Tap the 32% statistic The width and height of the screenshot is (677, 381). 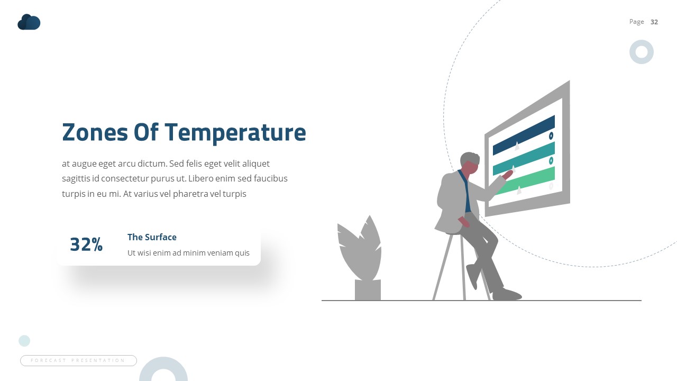click(86, 244)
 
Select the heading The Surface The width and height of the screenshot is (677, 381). click(152, 237)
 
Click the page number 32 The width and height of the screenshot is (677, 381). click(654, 22)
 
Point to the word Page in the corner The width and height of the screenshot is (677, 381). click(636, 22)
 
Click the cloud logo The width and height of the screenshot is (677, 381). click(29, 22)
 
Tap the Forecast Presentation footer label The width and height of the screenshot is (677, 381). click(78, 360)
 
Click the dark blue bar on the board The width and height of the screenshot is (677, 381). click(524, 135)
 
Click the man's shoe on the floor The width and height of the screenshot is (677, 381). click(507, 295)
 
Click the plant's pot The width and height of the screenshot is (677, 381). click(368, 290)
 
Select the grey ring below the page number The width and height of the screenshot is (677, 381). click(642, 52)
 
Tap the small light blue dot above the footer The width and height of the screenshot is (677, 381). click(24, 341)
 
